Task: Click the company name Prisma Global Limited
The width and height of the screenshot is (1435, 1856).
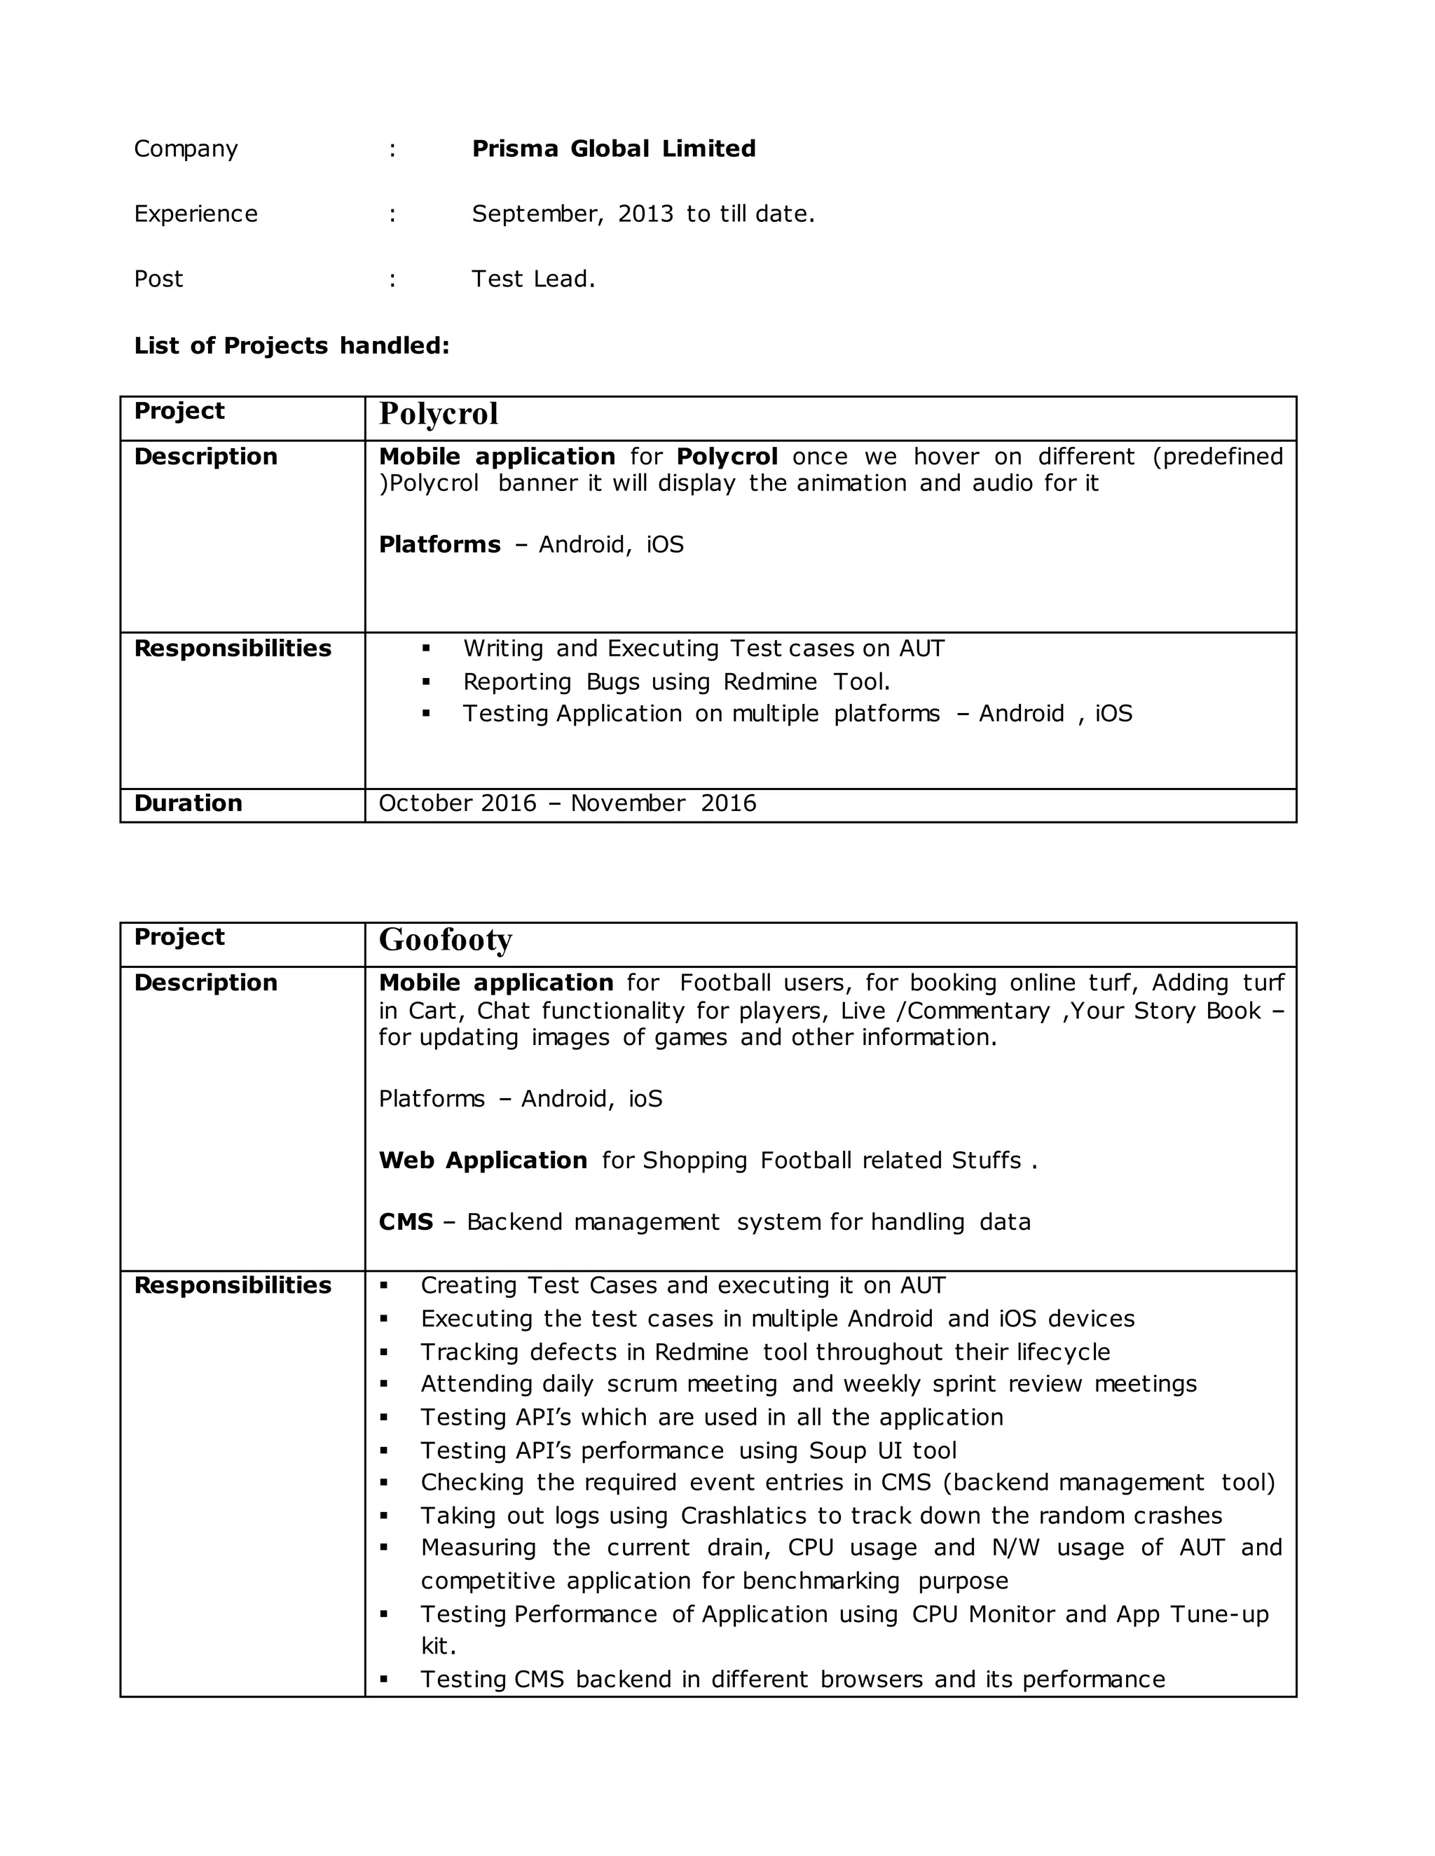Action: click(x=613, y=148)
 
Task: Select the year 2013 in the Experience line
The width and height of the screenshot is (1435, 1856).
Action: click(x=645, y=214)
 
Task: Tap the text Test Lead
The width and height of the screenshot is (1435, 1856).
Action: click(x=533, y=279)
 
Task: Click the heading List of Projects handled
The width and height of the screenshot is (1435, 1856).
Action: click(x=291, y=346)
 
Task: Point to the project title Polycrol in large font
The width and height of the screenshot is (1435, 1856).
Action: click(x=439, y=414)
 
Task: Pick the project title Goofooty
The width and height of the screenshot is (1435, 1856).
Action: click(x=446, y=940)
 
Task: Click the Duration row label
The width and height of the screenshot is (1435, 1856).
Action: click(x=188, y=803)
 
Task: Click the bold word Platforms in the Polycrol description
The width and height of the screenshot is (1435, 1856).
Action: click(x=439, y=544)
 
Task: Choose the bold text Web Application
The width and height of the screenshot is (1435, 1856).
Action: click(x=483, y=1160)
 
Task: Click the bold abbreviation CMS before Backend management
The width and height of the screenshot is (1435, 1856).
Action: click(x=406, y=1222)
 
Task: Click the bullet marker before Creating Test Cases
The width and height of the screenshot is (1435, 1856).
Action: click(x=383, y=1287)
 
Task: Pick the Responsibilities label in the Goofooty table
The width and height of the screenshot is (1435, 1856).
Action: click(x=232, y=1285)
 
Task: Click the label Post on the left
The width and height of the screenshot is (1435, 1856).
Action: click(x=159, y=279)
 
